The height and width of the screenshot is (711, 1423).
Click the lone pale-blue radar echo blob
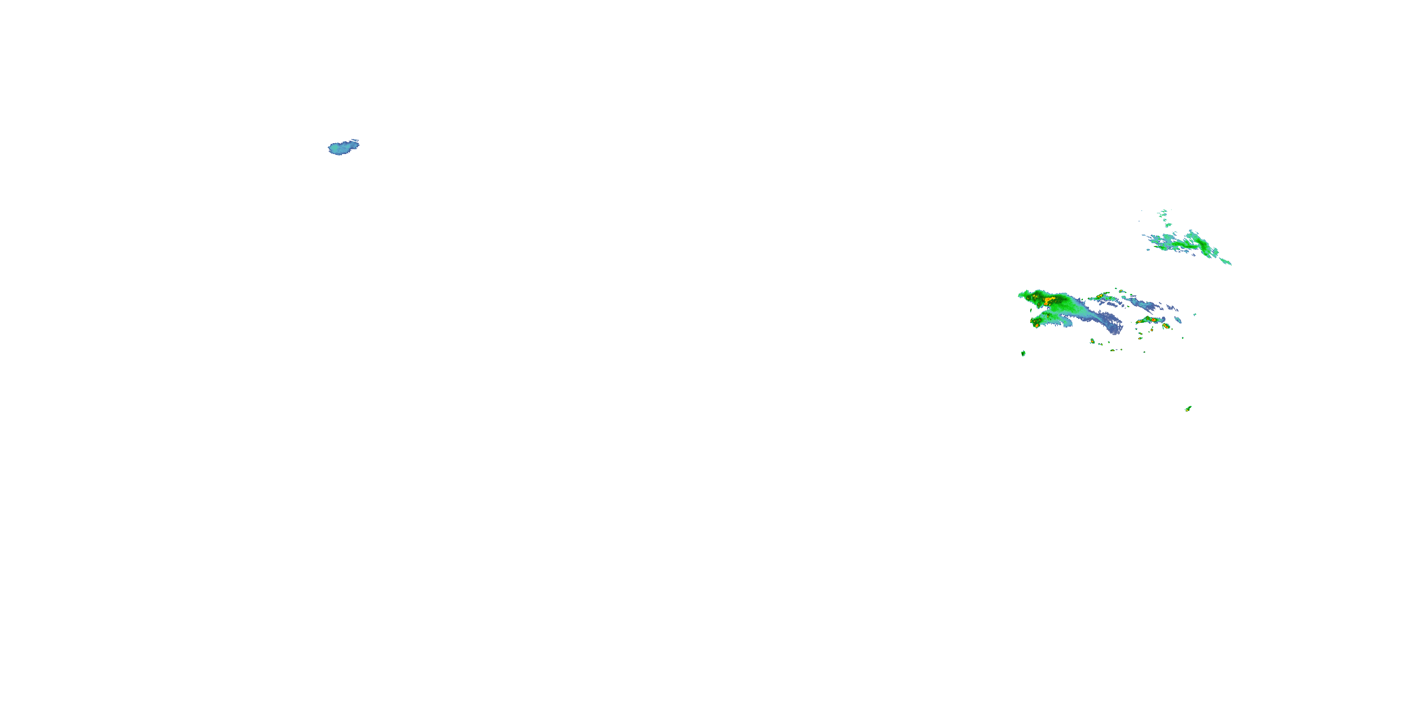342,147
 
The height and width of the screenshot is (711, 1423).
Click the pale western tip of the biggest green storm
1021,295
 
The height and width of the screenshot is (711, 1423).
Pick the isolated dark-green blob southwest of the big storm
1023,353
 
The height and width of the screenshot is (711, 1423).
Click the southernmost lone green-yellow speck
1188,409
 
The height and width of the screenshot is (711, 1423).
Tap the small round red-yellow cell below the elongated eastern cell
1165,326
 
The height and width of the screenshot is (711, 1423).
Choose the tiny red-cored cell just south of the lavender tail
1092,341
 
